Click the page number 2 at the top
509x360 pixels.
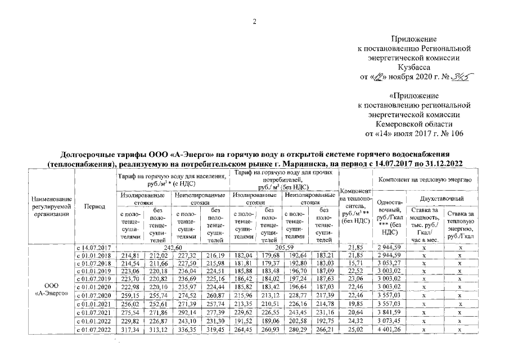click(254, 21)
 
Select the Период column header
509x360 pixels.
click(94, 206)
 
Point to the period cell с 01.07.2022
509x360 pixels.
click(94, 330)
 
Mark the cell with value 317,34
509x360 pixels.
click(130, 330)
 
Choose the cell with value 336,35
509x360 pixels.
click(186, 330)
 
